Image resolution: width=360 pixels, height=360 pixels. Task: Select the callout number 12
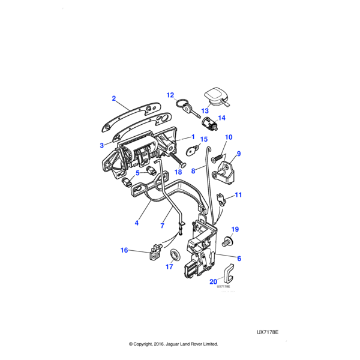coord(170,95)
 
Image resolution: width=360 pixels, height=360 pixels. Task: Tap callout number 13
coord(205,110)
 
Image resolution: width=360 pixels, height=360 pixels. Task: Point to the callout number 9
coord(238,154)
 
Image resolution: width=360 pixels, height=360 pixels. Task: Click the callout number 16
coord(124,250)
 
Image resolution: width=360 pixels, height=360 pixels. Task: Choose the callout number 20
coord(213,281)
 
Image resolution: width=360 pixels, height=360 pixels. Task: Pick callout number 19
coord(235,229)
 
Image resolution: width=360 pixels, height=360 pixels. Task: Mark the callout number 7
coord(161,226)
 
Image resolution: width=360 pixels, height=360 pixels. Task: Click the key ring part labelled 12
coord(183,105)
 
